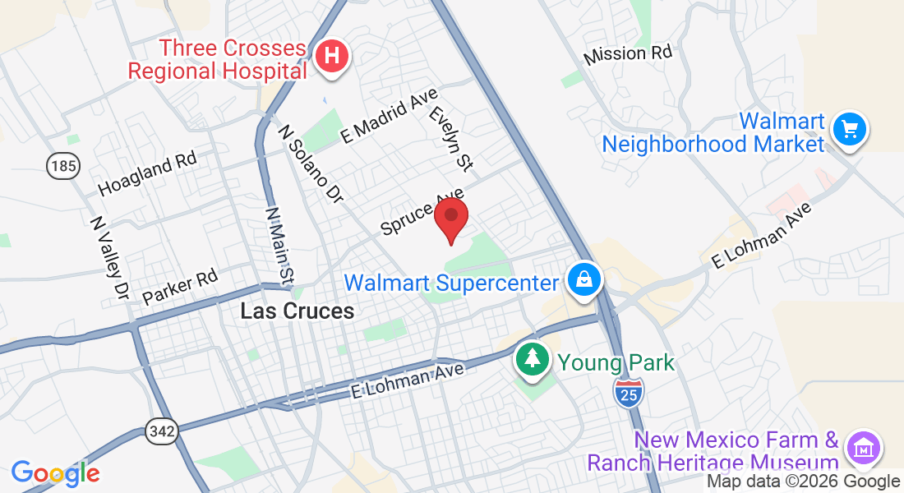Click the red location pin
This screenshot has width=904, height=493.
(x=451, y=219)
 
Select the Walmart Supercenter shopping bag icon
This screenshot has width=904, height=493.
(x=583, y=281)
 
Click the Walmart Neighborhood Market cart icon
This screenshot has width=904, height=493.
(x=850, y=129)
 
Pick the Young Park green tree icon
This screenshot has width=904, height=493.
(x=533, y=358)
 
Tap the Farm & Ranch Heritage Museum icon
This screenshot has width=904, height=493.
(x=864, y=448)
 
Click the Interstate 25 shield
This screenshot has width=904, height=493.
(x=629, y=394)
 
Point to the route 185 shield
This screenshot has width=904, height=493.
(x=63, y=167)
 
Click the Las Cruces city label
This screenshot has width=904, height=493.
(x=297, y=311)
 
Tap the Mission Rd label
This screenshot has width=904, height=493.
(x=628, y=55)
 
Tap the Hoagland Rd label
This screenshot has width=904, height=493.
(x=147, y=173)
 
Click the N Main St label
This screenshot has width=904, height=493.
(x=278, y=244)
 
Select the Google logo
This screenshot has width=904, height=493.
(x=55, y=472)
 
